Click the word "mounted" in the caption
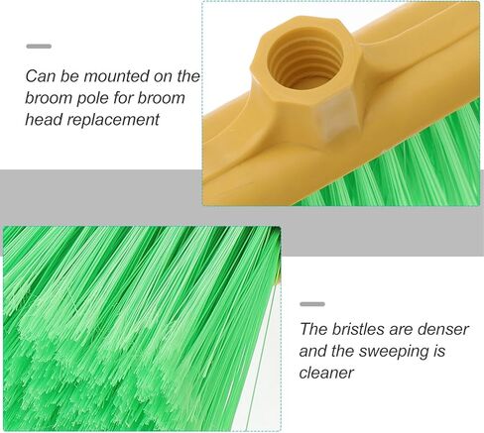tap(116, 76)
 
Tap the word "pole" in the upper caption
tap(93, 99)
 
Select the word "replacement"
tap(113, 120)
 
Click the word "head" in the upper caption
tap(44, 119)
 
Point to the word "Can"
tap(41, 76)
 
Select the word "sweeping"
tap(392, 352)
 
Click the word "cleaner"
tap(326, 374)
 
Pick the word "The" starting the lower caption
tap(313, 329)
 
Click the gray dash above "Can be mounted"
tap(39, 47)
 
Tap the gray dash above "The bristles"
tap(312, 304)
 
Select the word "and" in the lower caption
tap(312, 351)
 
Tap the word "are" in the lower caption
tap(398, 331)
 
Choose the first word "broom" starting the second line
tap(49, 98)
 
